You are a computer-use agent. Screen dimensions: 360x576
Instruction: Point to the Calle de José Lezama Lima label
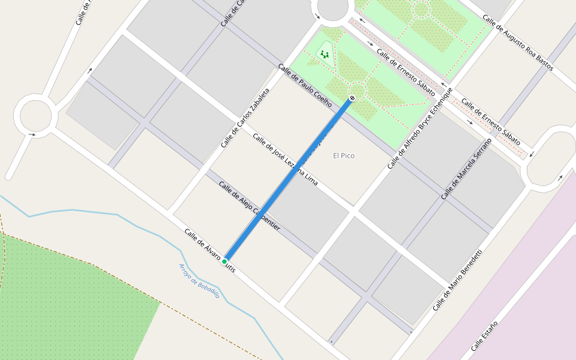click(x=285, y=160)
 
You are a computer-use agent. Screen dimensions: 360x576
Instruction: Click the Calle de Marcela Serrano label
click(x=466, y=169)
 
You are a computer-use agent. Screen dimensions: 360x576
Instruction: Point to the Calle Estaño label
click(x=484, y=336)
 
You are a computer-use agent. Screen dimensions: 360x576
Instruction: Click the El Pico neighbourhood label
click(x=344, y=156)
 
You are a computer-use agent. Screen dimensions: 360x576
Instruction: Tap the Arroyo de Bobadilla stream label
click(x=199, y=281)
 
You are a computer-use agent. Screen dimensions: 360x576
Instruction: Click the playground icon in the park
click(x=325, y=54)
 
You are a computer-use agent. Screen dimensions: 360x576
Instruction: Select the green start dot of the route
click(x=224, y=262)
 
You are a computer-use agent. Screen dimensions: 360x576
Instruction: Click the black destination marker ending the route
click(x=352, y=98)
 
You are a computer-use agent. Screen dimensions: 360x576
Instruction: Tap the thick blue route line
click(x=288, y=180)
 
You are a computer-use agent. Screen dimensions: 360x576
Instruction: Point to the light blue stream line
click(x=90, y=211)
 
